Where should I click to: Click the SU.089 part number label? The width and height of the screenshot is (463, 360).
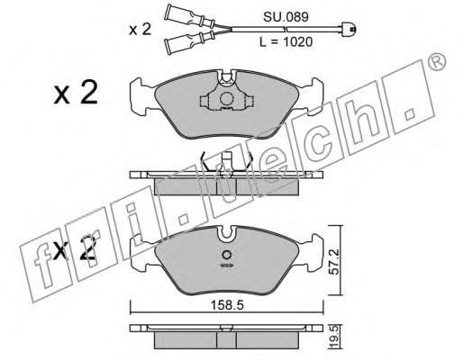click(286, 17)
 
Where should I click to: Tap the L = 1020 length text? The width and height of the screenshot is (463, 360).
click(286, 42)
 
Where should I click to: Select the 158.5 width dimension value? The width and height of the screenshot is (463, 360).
click(227, 306)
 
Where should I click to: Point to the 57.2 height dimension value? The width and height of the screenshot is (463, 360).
click(334, 261)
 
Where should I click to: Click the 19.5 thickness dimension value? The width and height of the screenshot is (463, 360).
click(334, 337)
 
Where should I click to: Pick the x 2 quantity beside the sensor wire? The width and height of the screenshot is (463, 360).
click(140, 30)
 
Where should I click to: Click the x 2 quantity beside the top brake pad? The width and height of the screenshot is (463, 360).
click(76, 93)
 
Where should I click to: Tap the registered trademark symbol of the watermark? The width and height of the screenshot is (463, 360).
click(437, 62)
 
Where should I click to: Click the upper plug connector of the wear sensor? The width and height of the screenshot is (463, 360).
click(190, 15)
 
